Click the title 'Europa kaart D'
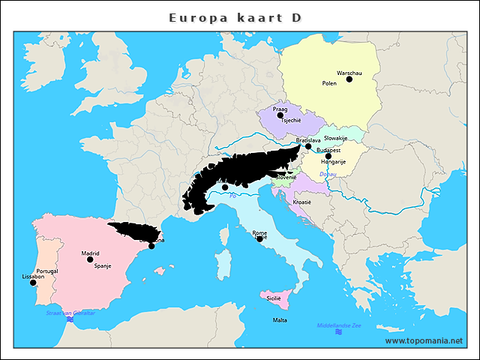[x=235, y=17]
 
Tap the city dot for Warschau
[x=349, y=79]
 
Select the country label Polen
[x=329, y=83]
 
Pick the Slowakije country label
[x=335, y=138]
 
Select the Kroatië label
[x=301, y=202]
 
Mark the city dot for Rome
[x=259, y=238]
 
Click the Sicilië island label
[x=274, y=298]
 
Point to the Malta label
[x=279, y=320]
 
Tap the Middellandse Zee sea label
[x=339, y=325]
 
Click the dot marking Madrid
[x=90, y=259]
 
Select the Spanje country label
[x=103, y=265]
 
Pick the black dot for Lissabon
[x=33, y=283]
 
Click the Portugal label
[x=46, y=271]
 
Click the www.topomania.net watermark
[x=424, y=340]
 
